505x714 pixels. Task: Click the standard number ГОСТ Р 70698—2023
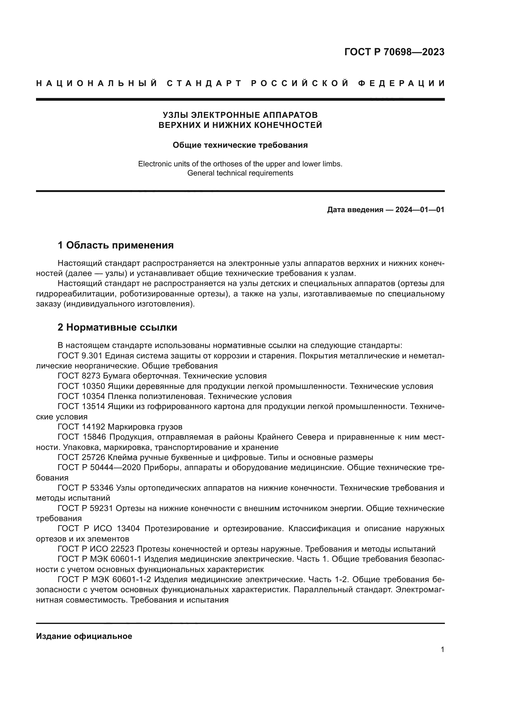[x=394, y=52]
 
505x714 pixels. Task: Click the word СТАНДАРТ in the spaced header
[x=204, y=83]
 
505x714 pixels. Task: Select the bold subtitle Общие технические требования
[x=240, y=145]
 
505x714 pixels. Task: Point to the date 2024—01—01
[x=420, y=210]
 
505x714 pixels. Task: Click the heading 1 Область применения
[x=115, y=245]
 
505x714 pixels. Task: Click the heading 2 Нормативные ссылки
[x=117, y=328]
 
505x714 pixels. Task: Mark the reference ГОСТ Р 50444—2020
[x=100, y=468]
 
